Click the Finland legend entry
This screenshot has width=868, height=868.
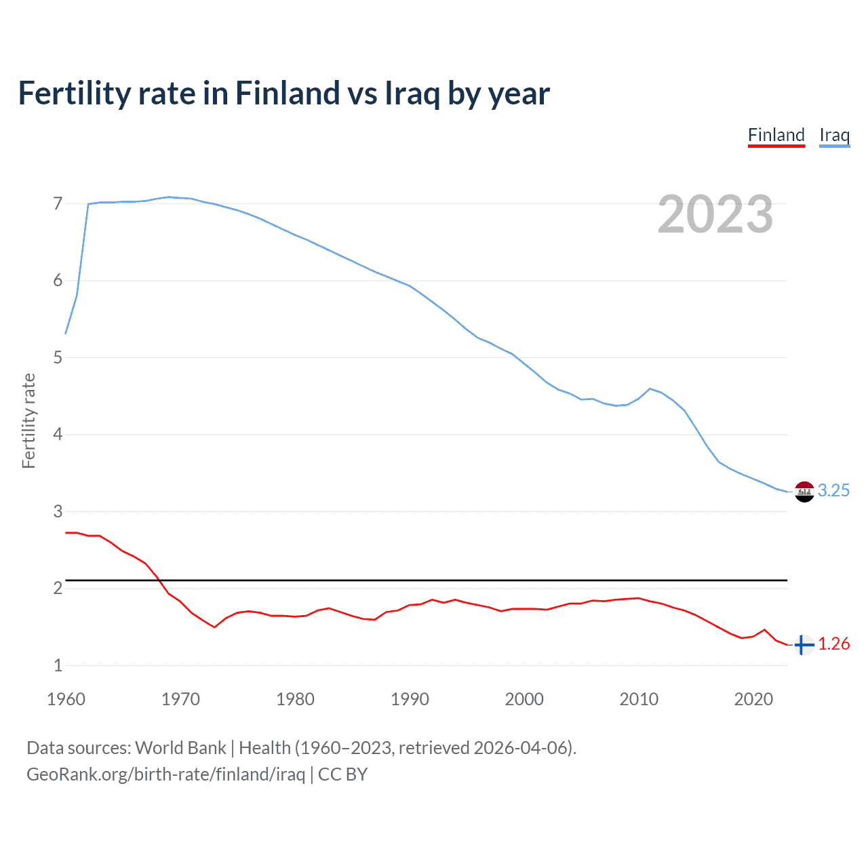pyautogui.click(x=776, y=135)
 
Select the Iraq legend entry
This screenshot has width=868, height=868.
pyautogui.click(x=834, y=135)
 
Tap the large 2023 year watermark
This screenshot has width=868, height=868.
pyautogui.click(x=715, y=214)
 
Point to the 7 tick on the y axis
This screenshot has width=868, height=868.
pyautogui.click(x=58, y=203)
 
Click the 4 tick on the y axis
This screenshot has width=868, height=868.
pyautogui.click(x=58, y=434)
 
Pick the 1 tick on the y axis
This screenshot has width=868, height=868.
pyautogui.click(x=58, y=665)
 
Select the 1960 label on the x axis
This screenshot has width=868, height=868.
pyautogui.click(x=66, y=699)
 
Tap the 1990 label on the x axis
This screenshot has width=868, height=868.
pyautogui.click(x=410, y=699)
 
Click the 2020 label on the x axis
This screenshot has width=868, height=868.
pyautogui.click(x=753, y=699)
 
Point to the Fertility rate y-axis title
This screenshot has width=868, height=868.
pyautogui.click(x=28, y=420)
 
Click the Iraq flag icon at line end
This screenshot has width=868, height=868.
pyautogui.click(x=804, y=491)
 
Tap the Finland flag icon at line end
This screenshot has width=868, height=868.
pyautogui.click(x=804, y=645)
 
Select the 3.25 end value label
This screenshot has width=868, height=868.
pyautogui.click(x=833, y=490)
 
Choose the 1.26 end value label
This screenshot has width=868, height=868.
pyautogui.click(x=833, y=644)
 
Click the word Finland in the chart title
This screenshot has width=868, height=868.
pyautogui.click(x=288, y=93)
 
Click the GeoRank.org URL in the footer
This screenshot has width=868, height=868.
pyautogui.click(x=165, y=774)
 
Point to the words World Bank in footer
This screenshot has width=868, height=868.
pyautogui.click(x=180, y=748)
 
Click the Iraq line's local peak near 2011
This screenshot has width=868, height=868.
pyautogui.click(x=650, y=389)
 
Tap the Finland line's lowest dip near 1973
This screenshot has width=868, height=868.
pyautogui.click(x=214, y=627)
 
